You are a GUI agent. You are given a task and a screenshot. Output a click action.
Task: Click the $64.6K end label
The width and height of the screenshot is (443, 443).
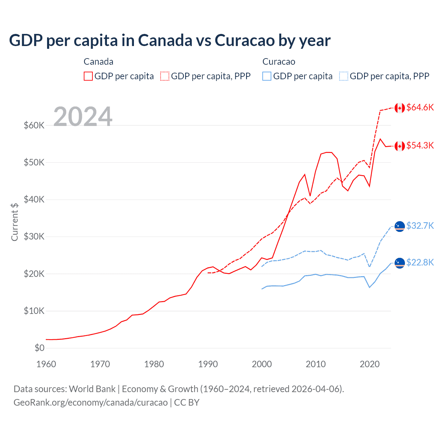coord(420,108)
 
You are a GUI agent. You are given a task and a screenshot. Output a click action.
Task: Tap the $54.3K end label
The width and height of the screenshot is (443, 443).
coord(420,145)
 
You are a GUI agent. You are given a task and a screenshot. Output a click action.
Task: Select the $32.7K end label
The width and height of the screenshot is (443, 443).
coord(420,226)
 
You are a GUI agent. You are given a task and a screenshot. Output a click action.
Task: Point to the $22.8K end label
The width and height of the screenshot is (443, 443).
coord(420,263)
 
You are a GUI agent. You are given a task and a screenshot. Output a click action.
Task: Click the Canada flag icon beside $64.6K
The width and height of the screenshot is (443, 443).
coord(400,108)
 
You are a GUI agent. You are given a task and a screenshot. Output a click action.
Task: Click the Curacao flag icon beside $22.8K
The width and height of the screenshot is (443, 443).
coord(400,263)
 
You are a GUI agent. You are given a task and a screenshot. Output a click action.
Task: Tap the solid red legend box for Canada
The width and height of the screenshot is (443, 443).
coord(88,76)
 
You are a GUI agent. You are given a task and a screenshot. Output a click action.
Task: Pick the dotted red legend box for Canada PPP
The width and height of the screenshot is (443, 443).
coord(165,76)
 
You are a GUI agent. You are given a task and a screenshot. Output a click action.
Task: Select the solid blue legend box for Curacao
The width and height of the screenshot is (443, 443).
coord(267,76)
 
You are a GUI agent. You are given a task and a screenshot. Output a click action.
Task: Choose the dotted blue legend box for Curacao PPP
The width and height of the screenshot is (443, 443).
coord(344,76)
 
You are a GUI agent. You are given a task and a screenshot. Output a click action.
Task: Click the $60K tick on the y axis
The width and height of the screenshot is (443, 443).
coord(34,125)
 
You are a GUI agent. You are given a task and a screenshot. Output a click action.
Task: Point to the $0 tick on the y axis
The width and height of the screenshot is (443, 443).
coord(39,348)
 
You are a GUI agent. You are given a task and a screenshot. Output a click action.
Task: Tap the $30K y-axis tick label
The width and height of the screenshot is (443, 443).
coord(34,237)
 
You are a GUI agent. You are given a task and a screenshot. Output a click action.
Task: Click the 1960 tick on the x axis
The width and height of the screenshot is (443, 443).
coord(46,364)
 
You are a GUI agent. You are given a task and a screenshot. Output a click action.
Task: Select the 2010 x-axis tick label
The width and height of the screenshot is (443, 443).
coord(316,364)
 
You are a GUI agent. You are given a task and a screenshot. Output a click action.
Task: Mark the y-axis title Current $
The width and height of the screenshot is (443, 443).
coord(15,222)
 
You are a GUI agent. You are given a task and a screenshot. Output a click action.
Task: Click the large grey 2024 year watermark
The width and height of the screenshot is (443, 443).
coord(83,117)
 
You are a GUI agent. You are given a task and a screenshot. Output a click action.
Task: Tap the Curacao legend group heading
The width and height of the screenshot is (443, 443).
coord(279,62)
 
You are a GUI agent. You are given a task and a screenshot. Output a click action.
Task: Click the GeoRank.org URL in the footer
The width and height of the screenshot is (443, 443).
coord(90,403)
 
